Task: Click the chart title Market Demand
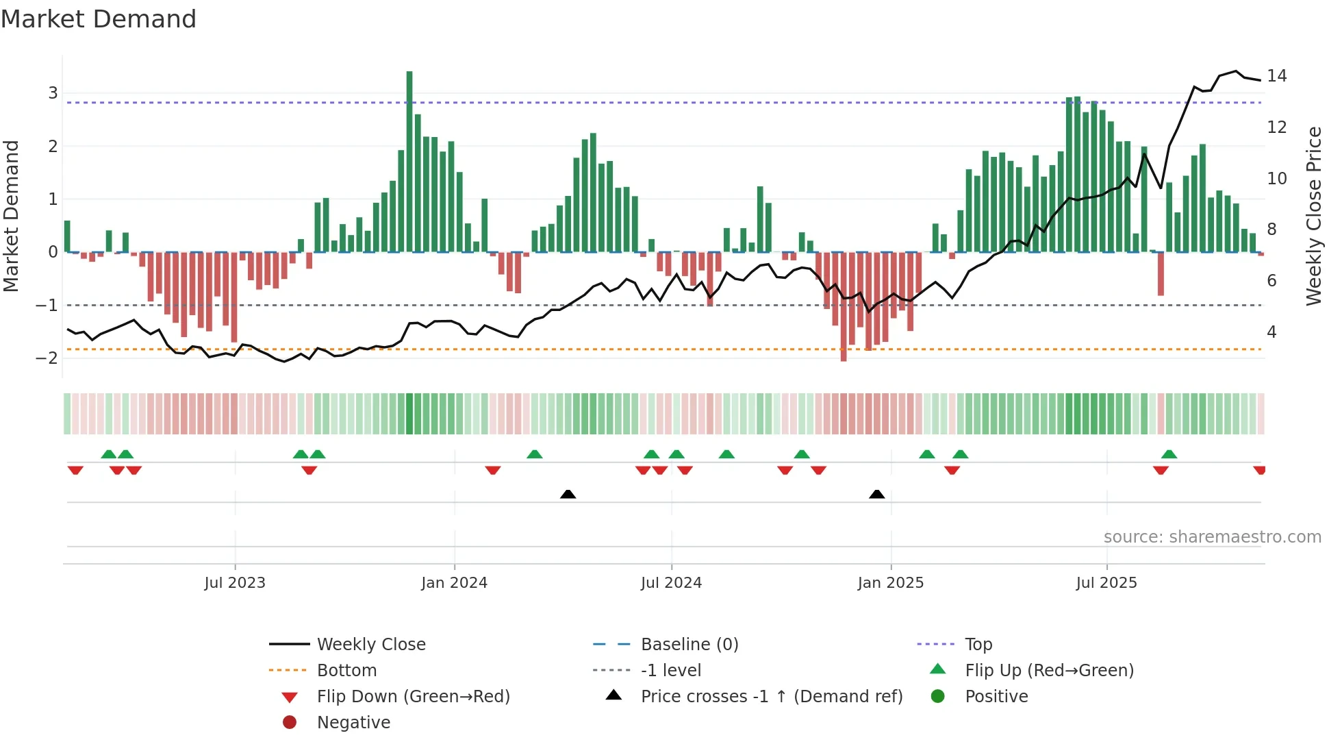coord(99,19)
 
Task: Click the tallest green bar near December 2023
coord(409,161)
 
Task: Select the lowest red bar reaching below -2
coord(844,308)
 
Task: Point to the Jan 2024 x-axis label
coord(454,583)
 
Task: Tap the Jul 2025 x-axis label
coord(1106,583)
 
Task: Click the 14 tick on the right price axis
coord(1276,76)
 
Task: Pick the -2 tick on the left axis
coord(47,358)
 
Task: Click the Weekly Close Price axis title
coord(1313,216)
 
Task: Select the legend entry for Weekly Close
coord(370,645)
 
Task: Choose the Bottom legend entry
coord(346,671)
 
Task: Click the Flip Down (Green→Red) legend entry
coord(413,697)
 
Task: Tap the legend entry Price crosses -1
coord(771,697)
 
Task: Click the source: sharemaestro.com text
coord(1212,537)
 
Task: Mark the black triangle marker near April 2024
coord(568,494)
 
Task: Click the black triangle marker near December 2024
coord(876,494)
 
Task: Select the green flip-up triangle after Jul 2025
coord(1169,454)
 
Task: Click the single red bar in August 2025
coord(1161,274)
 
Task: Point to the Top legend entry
coord(978,645)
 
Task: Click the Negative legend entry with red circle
coord(353,723)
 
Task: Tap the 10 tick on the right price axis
coord(1276,179)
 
